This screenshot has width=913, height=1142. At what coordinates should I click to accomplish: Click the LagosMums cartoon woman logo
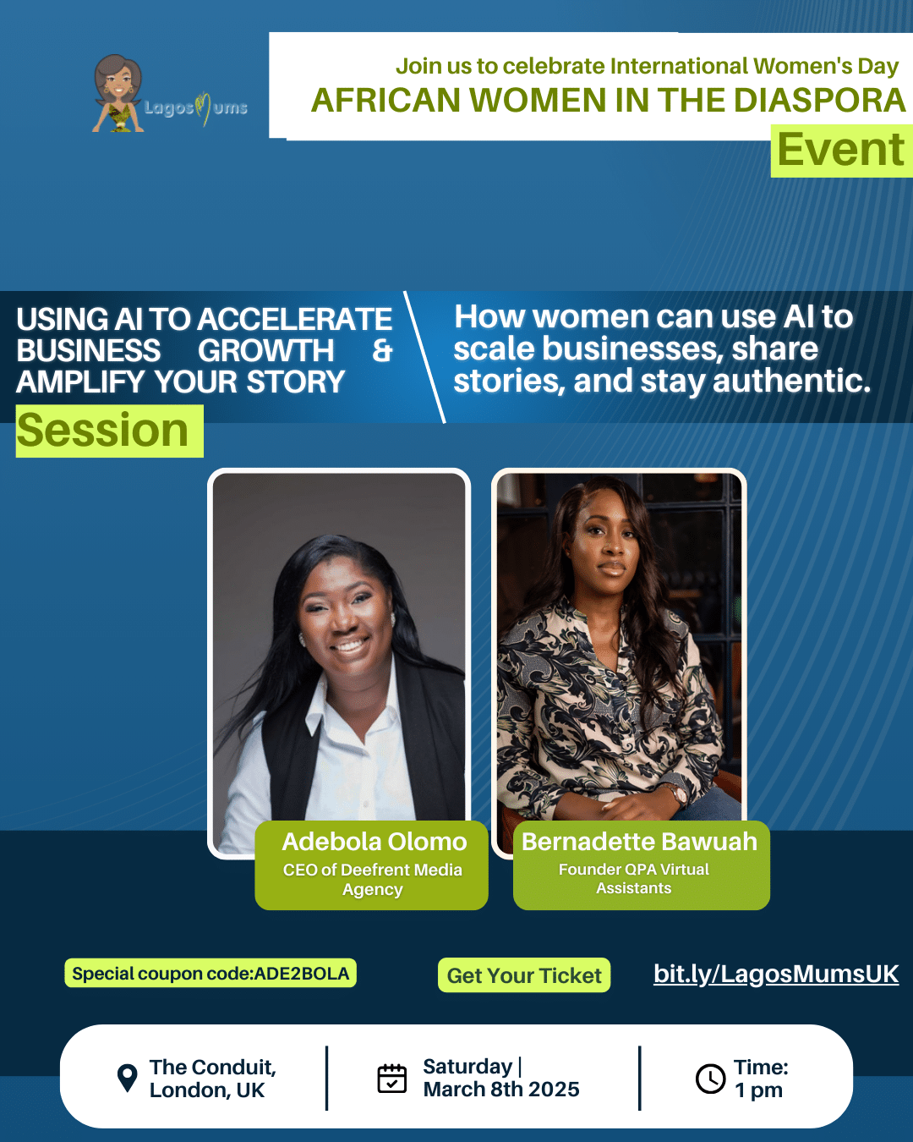click(118, 93)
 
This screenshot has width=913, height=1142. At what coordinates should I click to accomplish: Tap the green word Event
click(841, 151)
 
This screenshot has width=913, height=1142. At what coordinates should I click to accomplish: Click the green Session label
click(103, 431)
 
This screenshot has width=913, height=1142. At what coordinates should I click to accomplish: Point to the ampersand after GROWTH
click(382, 351)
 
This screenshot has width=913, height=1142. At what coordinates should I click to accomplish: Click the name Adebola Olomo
click(374, 842)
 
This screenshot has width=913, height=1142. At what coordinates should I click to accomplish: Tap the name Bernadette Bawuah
click(640, 842)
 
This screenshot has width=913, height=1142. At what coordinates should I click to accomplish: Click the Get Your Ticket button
click(524, 975)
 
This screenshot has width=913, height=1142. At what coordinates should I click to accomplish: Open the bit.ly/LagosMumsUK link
click(776, 975)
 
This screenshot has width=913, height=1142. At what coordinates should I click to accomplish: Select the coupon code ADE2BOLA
click(302, 974)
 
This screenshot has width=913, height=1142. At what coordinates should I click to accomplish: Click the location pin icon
click(128, 1078)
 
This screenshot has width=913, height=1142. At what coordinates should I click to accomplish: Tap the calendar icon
click(392, 1079)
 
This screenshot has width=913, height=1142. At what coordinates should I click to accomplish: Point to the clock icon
click(710, 1079)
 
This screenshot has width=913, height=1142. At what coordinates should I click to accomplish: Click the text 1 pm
click(758, 1090)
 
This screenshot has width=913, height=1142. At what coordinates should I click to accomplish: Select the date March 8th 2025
click(501, 1090)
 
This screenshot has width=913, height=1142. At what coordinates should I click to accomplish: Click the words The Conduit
click(213, 1068)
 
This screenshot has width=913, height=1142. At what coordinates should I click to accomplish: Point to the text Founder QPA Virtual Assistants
click(634, 879)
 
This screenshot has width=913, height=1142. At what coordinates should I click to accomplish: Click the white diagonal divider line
click(424, 357)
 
